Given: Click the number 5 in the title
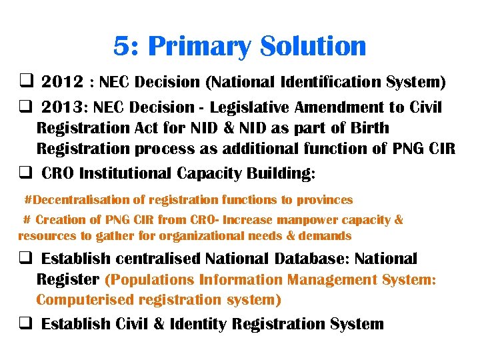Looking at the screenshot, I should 121,47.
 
